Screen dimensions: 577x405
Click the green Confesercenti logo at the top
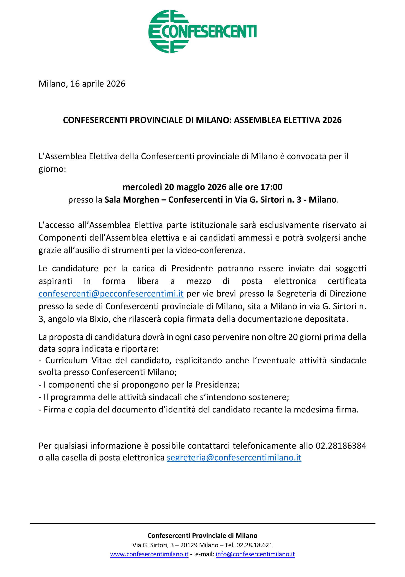[202, 31]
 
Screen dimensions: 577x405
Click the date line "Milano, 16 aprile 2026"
[82, 84]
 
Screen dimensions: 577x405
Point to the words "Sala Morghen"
[132, 200]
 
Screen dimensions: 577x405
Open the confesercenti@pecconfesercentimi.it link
[111, 294]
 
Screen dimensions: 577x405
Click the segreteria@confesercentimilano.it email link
[234, 458]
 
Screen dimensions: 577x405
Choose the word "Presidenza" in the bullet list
[217, 385]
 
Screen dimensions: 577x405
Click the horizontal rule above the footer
[202, 524]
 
